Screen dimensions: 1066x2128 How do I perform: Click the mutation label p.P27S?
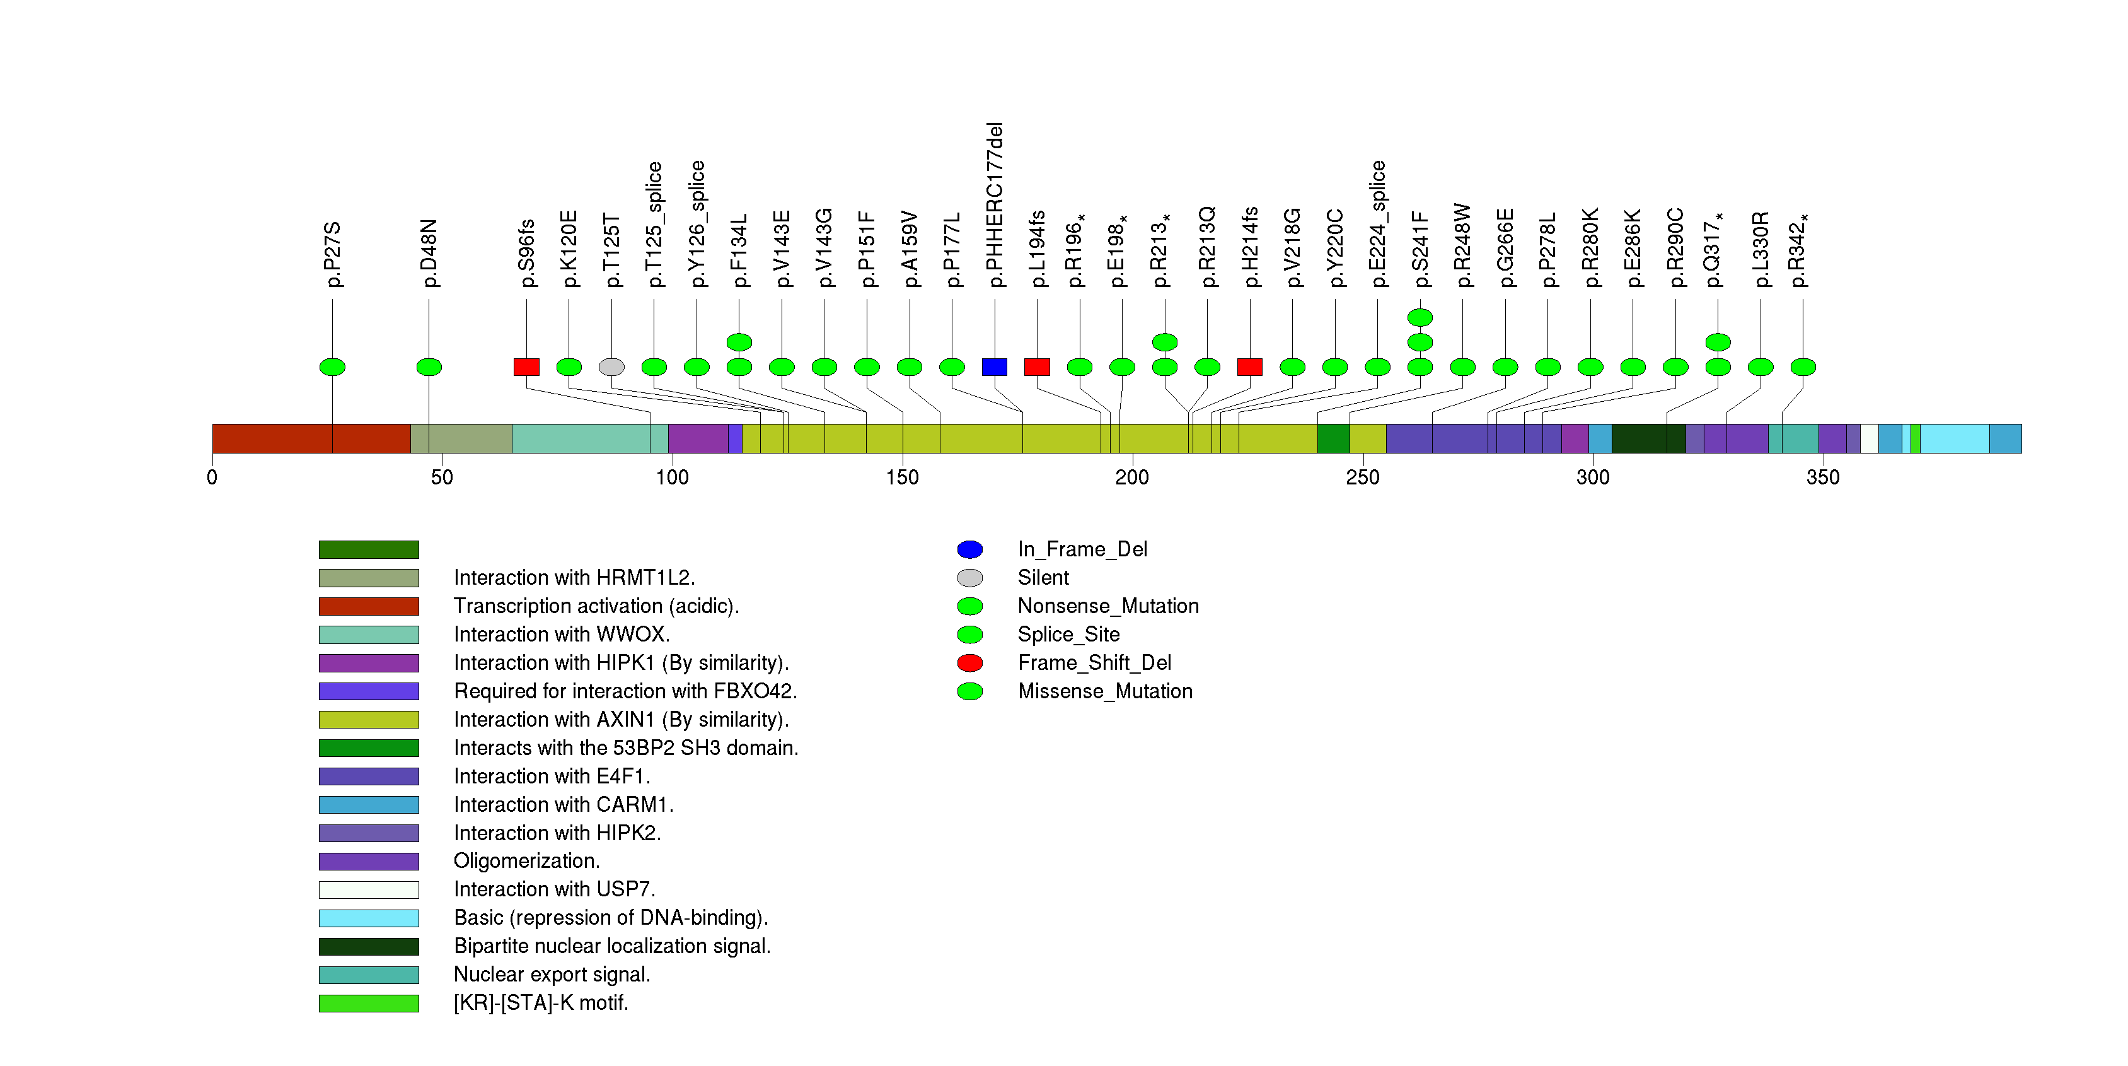(x=332, y=254)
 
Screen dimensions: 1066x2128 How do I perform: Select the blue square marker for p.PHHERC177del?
(x=995, y=367)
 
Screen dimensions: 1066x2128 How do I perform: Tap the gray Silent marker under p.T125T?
(x=611, y=367)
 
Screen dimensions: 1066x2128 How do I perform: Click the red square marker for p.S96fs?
(x=526, y=367)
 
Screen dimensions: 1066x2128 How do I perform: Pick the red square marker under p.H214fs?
(x=1250, y=367)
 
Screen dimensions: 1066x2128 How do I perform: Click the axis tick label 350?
(x=1822, y=477)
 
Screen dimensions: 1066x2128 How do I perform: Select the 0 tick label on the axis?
(x=212, y=477)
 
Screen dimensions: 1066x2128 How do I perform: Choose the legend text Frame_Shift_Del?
(x=1094, y=663)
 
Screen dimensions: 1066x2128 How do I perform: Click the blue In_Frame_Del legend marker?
(x=970, y=549)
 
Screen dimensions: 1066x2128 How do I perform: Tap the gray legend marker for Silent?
(x=970, y=578)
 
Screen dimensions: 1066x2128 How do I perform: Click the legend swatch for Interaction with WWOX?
(x=369, y=635)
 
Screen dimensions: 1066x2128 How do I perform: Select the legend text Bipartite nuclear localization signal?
(x=611, y=946)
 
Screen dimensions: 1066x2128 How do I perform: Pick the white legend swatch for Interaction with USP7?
(x=369, y=890)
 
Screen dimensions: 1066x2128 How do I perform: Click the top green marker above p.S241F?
(x=1420, y=317)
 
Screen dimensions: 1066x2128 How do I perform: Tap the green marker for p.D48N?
(x=429, y=367)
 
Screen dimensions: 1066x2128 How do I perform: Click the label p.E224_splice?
(x=1377, y=224)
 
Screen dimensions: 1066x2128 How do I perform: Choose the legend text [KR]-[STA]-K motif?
(x=540, y=1003)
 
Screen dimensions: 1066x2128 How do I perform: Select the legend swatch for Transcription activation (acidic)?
(x=369, y=607)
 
